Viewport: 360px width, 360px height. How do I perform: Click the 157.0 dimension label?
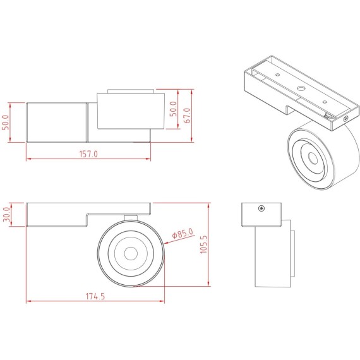coord(88,153)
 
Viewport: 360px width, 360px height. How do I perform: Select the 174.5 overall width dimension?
coord(93,296)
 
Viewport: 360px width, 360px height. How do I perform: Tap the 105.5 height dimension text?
coord(203,244)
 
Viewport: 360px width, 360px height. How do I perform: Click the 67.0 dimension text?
coord(187,116)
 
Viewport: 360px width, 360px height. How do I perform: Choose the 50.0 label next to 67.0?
coord(173,109)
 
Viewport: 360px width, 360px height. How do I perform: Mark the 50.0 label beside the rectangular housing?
coord(7,122)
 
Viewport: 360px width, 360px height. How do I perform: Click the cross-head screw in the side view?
coord(260,208)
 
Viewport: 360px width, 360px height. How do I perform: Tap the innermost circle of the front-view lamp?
coord(131,253)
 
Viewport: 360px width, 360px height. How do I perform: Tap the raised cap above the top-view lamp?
coord(131,91)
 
